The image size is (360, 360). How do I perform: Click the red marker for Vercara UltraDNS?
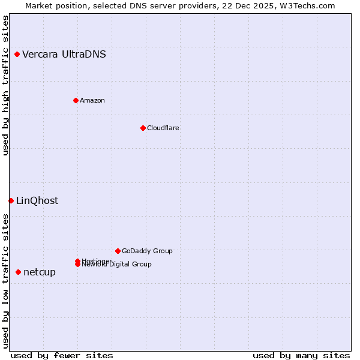(17, 55)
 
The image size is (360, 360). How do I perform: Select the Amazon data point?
(76, 100)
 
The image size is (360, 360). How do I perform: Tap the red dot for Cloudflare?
(143, 128)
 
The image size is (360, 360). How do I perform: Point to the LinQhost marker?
(11, 200)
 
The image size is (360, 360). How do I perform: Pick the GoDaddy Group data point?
(118, 251)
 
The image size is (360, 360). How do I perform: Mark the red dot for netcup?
(18, 272)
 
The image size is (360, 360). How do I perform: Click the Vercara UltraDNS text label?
(64, 55)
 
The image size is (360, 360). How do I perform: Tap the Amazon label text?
(92, 100)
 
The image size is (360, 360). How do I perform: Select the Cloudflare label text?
(163, 128)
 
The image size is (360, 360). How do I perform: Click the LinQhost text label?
(37, 200)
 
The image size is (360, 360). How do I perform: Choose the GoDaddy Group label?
(147, 251)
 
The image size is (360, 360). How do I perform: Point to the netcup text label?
(40, 272)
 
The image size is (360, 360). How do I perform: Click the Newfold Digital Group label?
(118, 265)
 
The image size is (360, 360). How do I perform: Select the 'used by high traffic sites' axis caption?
(5, 85)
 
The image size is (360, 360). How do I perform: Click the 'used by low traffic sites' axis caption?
(5, 281)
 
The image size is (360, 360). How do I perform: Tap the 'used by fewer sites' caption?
(62, 355)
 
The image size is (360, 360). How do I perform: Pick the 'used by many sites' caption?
(301, 355)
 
